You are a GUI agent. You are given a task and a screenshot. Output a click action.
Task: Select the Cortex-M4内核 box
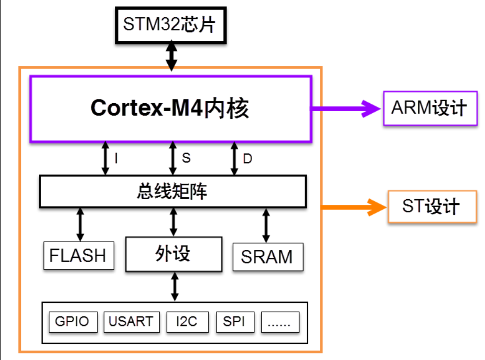(x=171, y=108)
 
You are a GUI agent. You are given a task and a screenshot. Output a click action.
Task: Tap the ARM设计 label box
(x=430, y=108)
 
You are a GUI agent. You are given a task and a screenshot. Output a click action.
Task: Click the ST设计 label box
(x=432, y=206)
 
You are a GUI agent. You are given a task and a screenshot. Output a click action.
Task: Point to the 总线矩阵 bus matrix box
(x=173, y=191)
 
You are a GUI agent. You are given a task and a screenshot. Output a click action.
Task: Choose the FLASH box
(x=78, y=256)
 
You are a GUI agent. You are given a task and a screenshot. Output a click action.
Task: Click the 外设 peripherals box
(x=173, y=254)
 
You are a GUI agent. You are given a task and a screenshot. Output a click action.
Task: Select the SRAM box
(x=267, y=257)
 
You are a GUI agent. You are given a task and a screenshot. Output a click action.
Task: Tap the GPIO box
(x=73, y=321)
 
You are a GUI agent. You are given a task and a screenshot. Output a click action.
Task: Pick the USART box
(x=131, y=321)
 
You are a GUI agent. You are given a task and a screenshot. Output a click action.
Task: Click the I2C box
(x=187, y=321)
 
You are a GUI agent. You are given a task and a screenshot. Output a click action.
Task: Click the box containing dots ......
(x=279, y=322)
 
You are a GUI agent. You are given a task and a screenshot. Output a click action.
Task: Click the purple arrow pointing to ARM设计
(x=346, y=108)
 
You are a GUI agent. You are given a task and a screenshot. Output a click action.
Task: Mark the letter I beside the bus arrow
(x=115, y=158)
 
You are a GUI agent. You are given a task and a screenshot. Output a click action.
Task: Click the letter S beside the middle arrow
(x=186, y=158)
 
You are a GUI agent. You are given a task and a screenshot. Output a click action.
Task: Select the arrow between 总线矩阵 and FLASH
(x=80, y=224)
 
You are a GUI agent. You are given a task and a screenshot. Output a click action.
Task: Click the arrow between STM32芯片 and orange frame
(x=171, y=57)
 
